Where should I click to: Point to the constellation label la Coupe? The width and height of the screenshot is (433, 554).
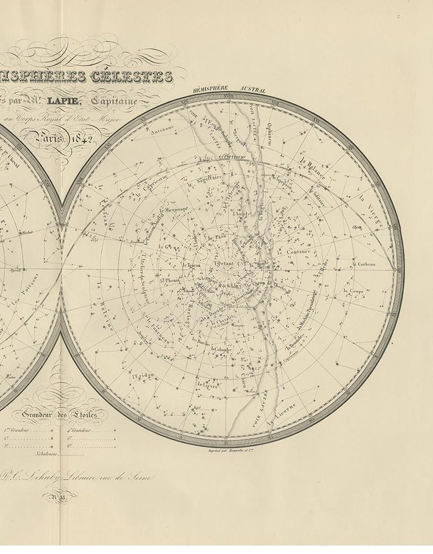353,292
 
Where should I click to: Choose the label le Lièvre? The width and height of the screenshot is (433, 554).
207,384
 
